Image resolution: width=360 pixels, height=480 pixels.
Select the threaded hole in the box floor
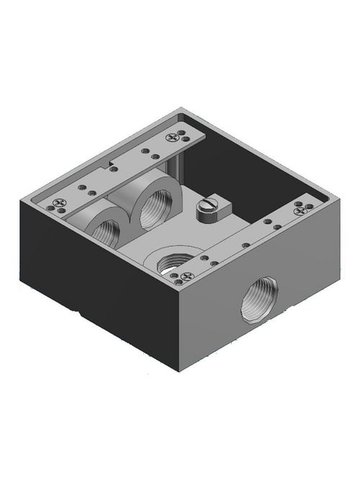(172, 262)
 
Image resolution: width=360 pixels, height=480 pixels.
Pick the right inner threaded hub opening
(153, 208)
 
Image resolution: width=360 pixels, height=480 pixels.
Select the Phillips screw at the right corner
(301, 209)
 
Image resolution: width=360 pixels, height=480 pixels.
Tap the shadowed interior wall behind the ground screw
(238, 166)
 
